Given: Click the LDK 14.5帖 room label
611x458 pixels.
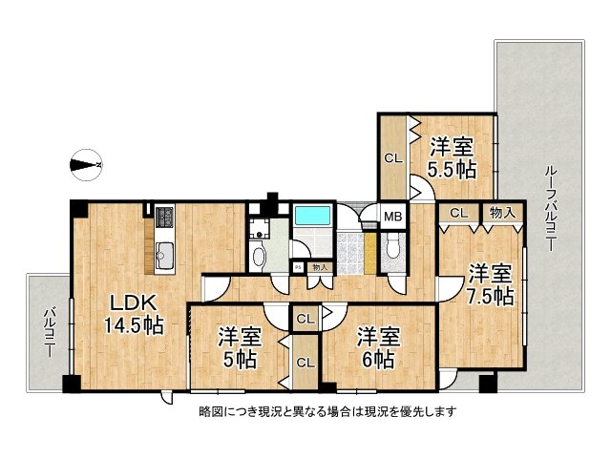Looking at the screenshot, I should click(x=133, y=313).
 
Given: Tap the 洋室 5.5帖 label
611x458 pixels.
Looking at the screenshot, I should click(x=452, y=158).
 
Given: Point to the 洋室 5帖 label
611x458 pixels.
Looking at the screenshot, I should click(x=238, y=348).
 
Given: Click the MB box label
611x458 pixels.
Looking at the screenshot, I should click(x=392, y=216).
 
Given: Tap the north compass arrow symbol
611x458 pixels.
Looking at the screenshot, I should click(x=88, y=164).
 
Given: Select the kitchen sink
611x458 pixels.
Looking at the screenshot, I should click(x=162, y=253).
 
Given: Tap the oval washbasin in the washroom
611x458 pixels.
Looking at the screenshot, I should click(x=257, y=256).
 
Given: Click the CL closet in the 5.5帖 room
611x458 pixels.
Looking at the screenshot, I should click(x=392, y=158).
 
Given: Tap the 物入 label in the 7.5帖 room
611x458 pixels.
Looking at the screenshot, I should click(x=498, y=213).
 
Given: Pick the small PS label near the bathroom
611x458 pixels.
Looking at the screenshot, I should click(x=298, y=267).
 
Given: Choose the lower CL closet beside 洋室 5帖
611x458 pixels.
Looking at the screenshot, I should click(x=306, y=362).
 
